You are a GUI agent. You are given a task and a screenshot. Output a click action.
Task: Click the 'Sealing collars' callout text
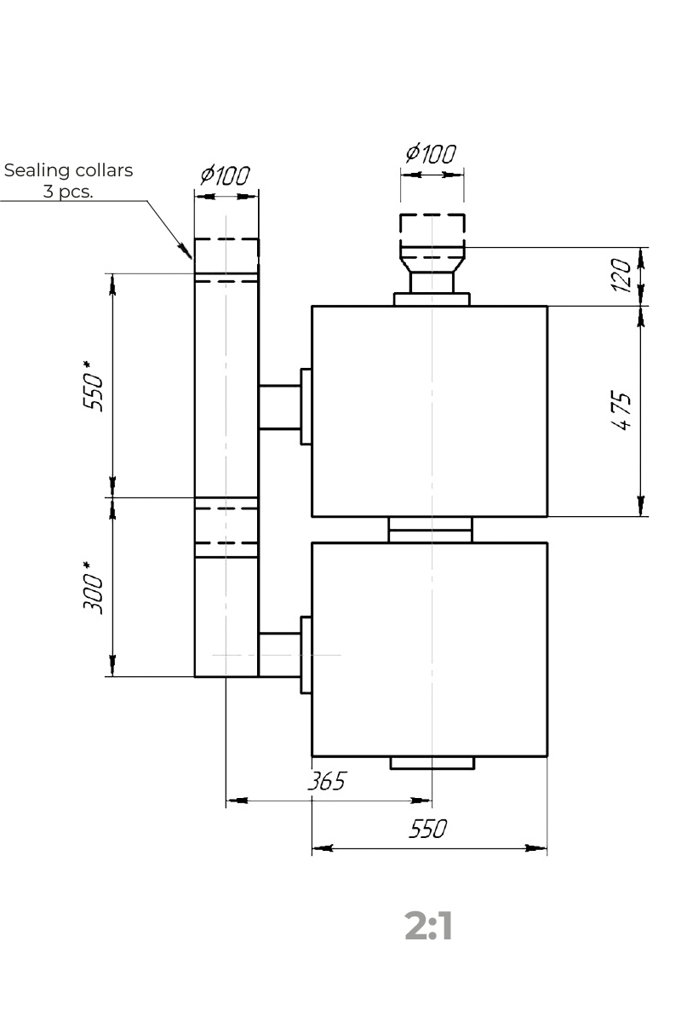[68, 170]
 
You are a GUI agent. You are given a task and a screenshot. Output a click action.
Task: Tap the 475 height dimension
[621, 411]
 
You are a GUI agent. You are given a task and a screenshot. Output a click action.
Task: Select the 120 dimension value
[621, 275]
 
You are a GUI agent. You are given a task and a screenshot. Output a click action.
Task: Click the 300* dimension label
[93, 589]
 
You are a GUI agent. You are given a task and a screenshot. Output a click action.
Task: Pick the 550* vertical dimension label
[93, 387]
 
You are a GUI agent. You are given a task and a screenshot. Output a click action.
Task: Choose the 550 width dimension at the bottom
[428, 829]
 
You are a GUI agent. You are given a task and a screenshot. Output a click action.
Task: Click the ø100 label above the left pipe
[226, 175]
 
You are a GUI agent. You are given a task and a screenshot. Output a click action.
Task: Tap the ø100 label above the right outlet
[431, 153]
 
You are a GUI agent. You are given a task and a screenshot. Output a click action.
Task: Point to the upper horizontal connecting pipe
[279, 407]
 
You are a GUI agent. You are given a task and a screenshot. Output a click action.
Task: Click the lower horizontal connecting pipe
[279, 655]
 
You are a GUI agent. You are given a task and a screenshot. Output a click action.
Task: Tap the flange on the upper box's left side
[306, 406]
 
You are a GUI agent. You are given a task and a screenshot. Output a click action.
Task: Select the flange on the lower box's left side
[306, 655]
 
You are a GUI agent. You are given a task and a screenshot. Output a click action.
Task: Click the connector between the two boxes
[431, 530]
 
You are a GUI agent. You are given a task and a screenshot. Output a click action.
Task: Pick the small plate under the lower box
[432, 763]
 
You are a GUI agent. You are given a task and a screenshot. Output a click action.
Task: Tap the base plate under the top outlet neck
[432, 299]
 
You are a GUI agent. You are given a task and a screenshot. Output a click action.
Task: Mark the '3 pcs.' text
[68, 192]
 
